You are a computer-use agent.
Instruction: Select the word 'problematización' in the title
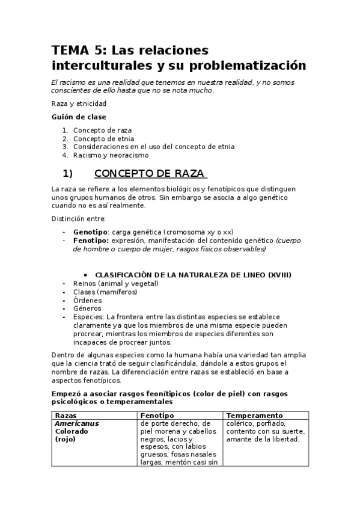[x=251, y=65]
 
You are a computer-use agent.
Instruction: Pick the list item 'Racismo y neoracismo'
[x=111, y=155]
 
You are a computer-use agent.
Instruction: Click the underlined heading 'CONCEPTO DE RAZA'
[x=151, y=174]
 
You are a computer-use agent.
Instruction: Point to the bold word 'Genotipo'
[x=90, y=232]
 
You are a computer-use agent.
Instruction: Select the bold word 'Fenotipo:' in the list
[x=91, y=240]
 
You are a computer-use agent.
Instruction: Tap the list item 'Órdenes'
[x=87, y=300]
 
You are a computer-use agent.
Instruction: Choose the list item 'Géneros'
[x=87, y=309]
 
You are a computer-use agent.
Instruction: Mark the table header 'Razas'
[x=66, y=416]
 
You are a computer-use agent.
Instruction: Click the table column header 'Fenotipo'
[x=157, y=416]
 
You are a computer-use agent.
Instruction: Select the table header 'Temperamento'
[x=254, y=416]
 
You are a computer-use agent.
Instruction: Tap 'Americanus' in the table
[x=77, y=423]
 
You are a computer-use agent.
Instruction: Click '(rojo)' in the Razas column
[x=65, y=439]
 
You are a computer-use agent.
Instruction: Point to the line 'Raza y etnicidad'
[x=79, y=103]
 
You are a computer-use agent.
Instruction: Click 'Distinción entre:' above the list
[x=79, y=218]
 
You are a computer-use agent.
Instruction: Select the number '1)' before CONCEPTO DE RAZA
[x=67, y=174]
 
